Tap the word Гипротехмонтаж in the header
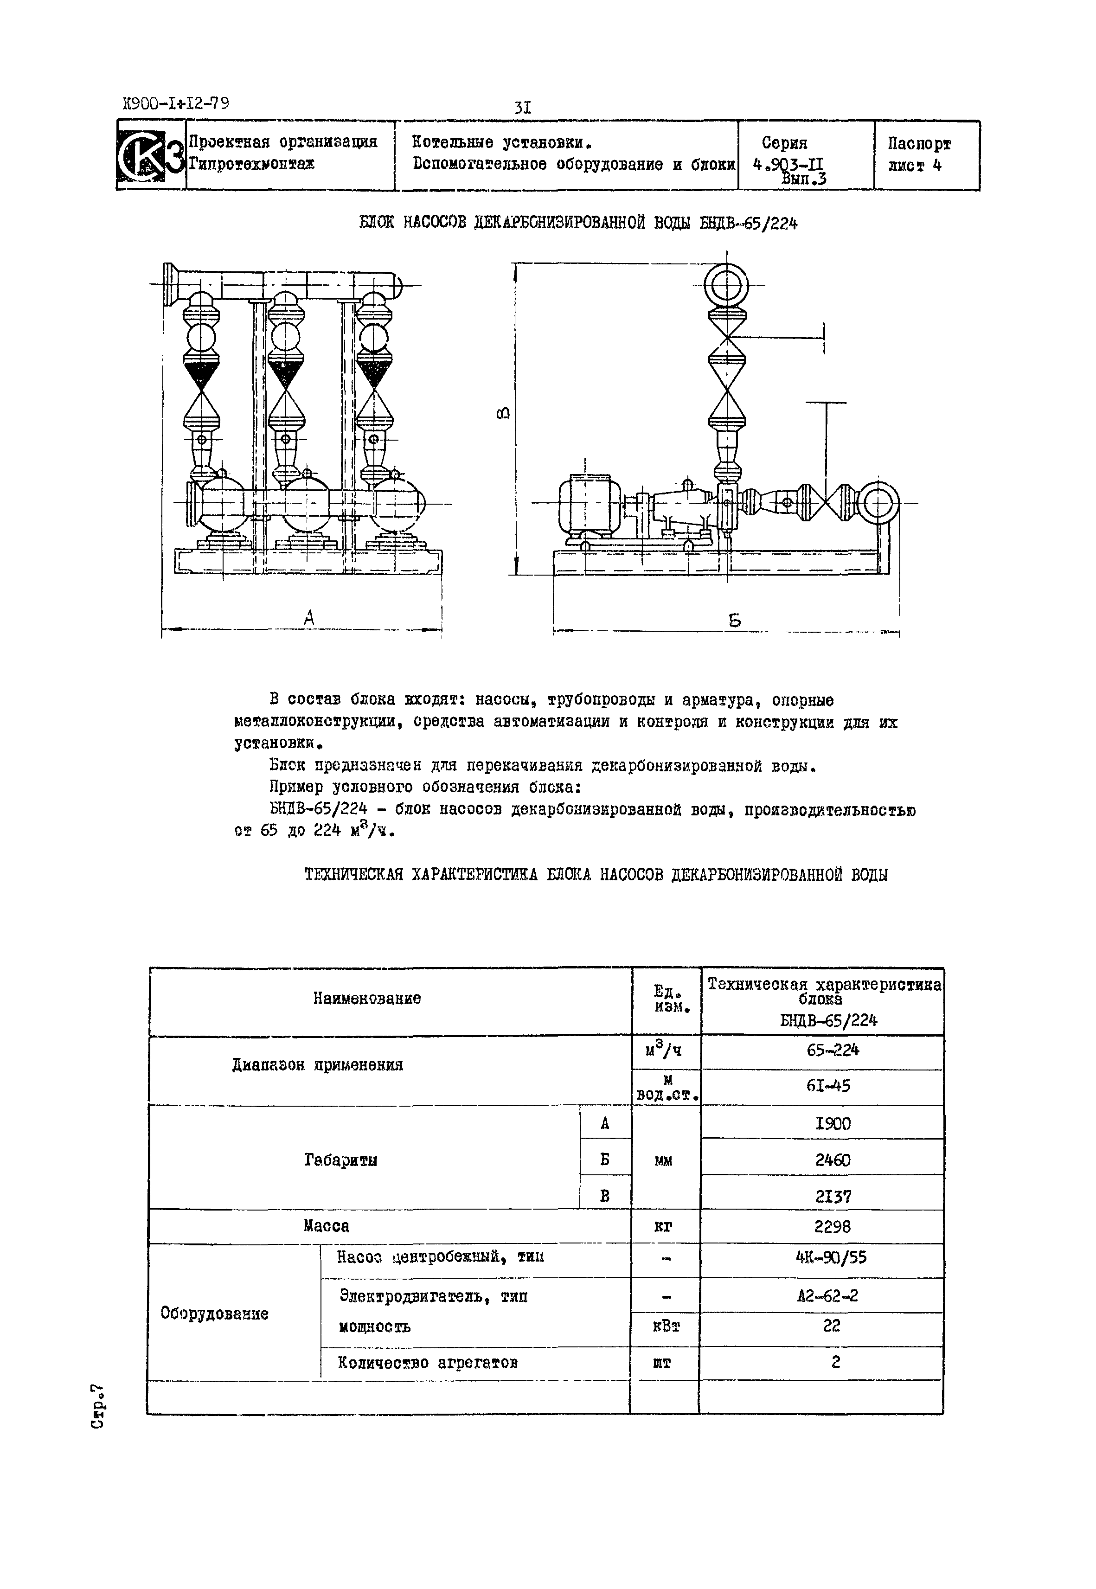251,165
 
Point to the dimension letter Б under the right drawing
735,621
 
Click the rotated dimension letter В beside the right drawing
503,414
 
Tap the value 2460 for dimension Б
832,1160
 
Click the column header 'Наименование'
367,999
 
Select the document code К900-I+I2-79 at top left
176,104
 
